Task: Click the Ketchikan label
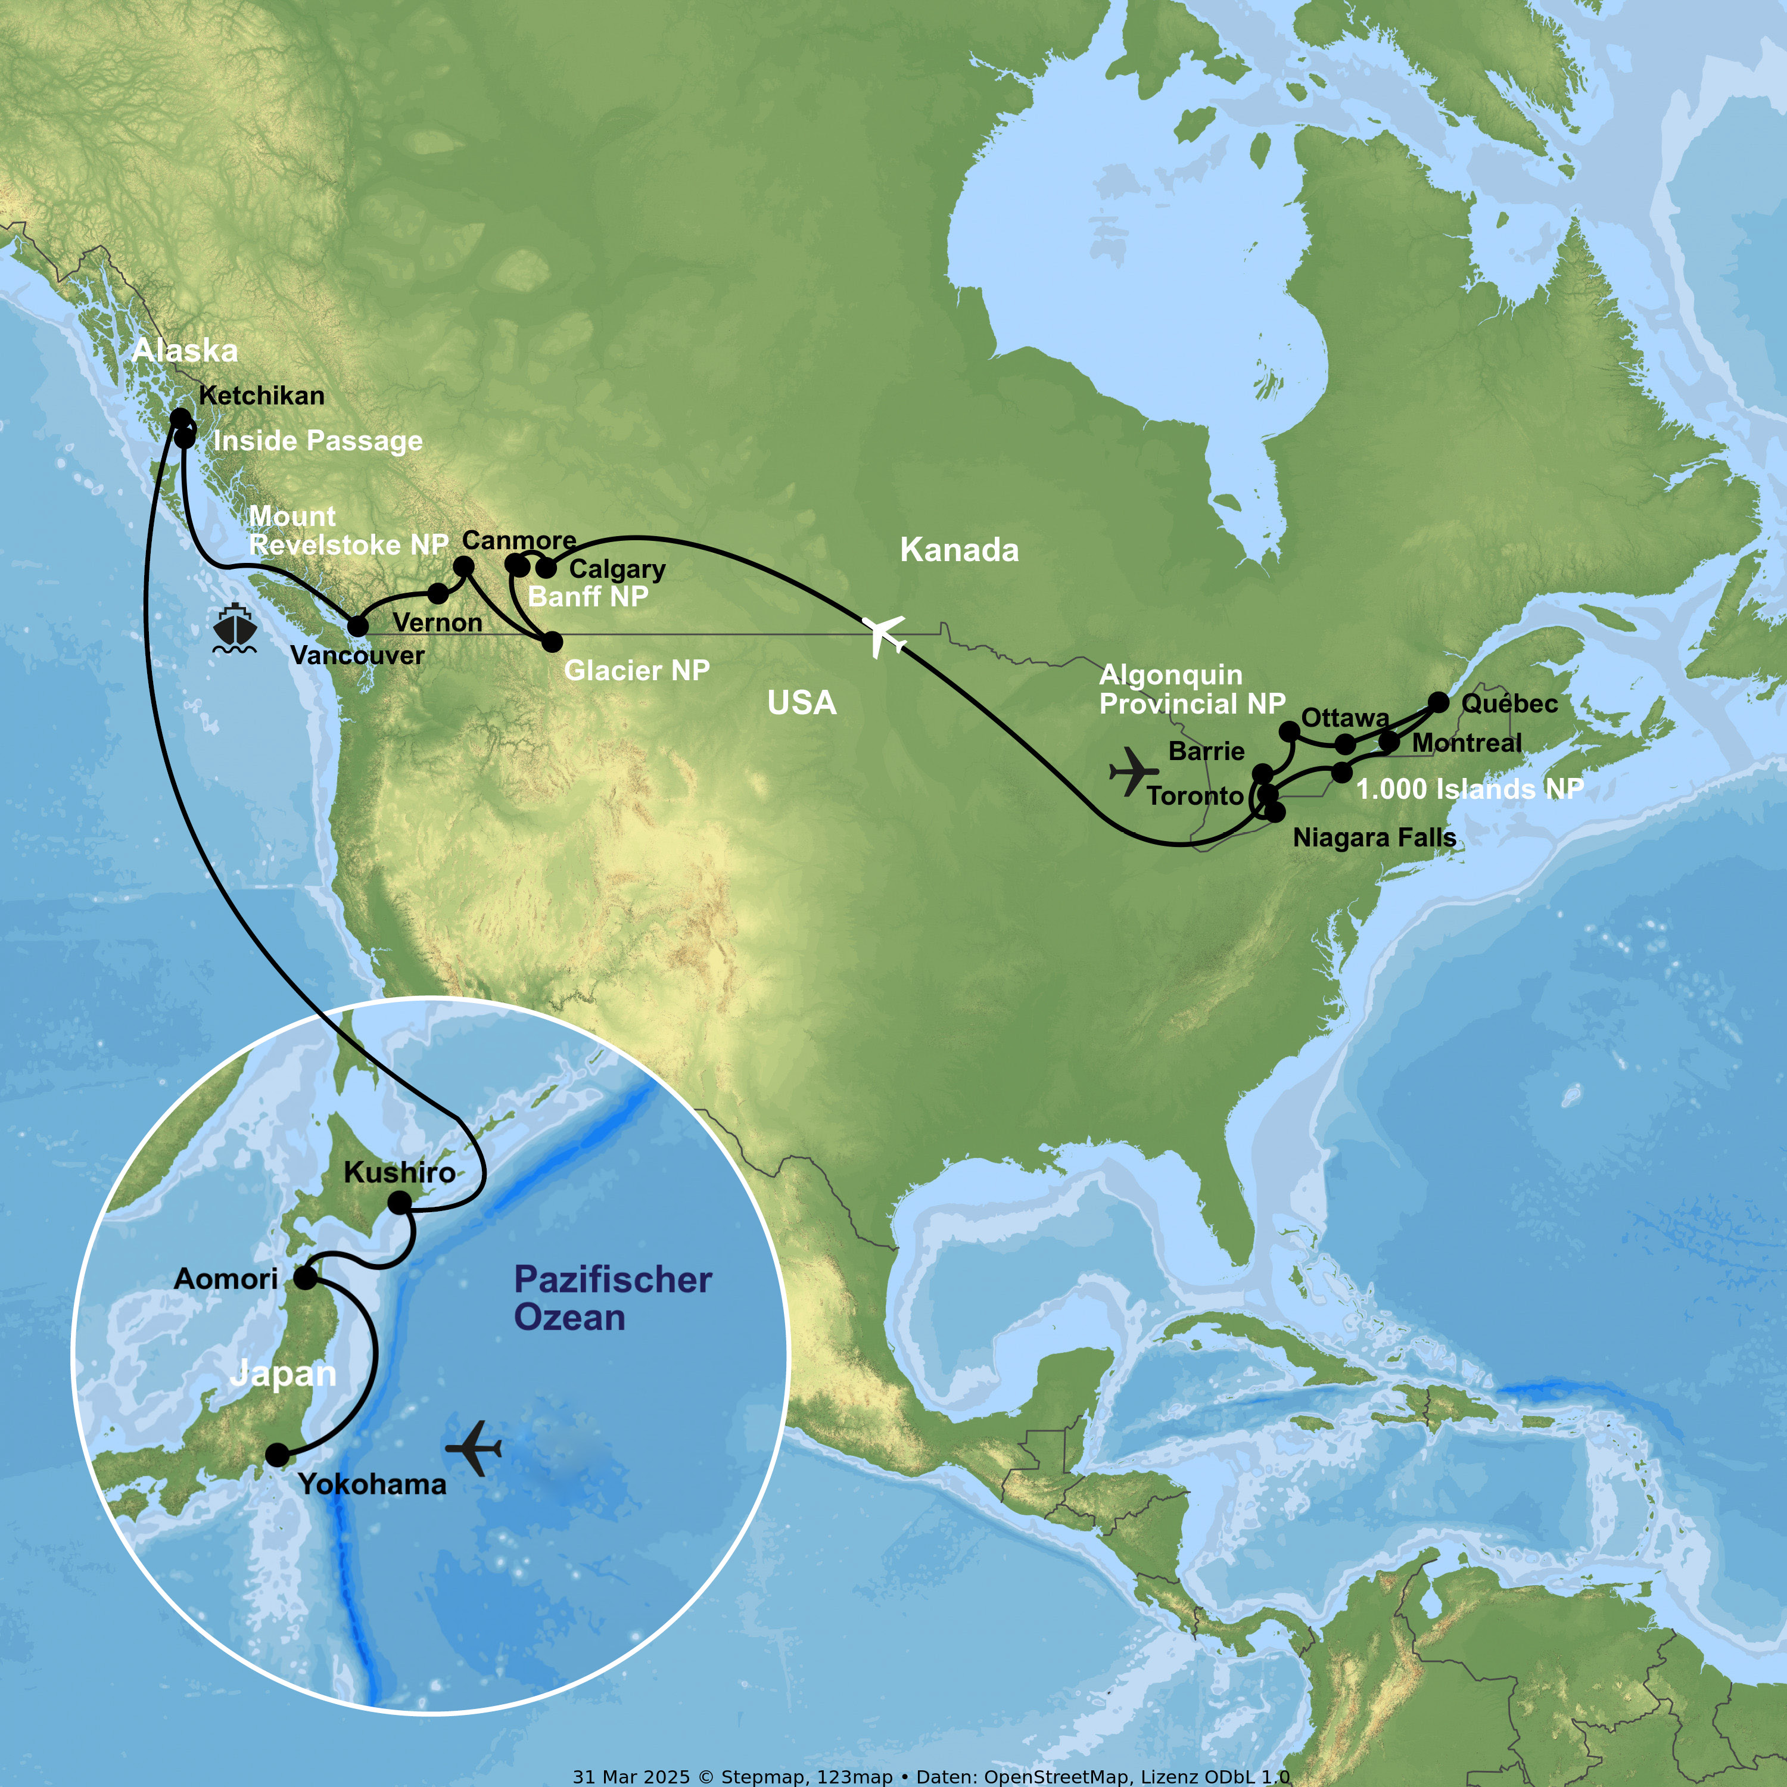coord(261,396)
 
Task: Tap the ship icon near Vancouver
coord(235,630)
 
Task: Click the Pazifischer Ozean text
coord(612,1299)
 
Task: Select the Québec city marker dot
coord(1439,702)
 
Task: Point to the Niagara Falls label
coord(1374,838)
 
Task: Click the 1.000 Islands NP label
coord(1470,789)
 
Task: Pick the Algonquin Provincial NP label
coord(1191,689)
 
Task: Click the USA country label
coord(802,703)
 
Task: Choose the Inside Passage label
coord(317,441)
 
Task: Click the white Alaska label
coord(185,351)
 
